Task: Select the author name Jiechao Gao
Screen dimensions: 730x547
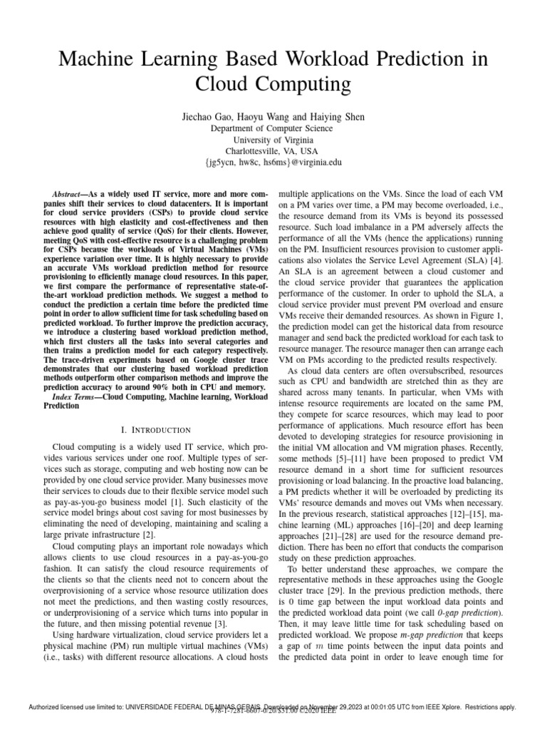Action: click(209, 115)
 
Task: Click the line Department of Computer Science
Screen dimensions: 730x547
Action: click(273, 128)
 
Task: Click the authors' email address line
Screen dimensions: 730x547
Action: click(273, 163)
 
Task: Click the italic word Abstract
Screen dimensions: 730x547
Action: click(70, 194)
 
